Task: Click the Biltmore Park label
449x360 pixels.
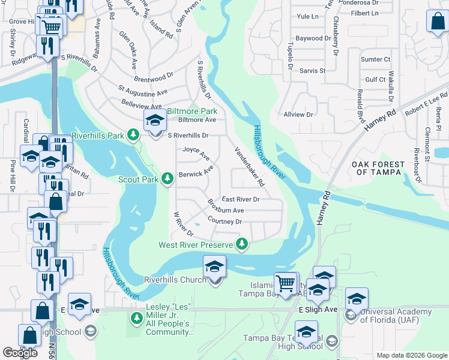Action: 191,111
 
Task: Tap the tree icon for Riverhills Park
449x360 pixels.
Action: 136,136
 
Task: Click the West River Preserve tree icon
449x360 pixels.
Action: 242,244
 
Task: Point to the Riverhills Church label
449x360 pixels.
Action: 175,280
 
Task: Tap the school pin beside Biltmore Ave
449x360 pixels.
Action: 155,121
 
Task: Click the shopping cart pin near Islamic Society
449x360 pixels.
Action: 285,282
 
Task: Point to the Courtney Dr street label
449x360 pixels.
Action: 224,221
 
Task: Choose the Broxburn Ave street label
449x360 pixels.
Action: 226,210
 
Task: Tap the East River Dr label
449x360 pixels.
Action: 240,199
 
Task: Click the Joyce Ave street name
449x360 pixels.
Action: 196,154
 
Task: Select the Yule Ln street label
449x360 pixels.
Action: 307,17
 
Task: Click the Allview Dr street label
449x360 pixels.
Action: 298,114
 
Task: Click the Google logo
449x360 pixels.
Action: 20,353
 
